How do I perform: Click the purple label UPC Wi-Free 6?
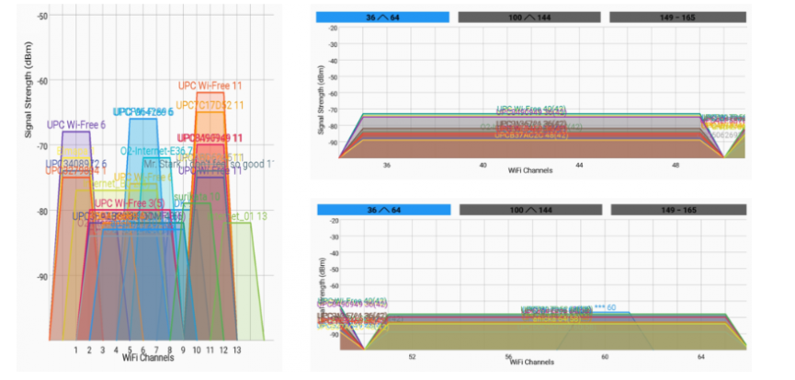click(x=76, y=124)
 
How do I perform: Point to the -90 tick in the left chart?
click(x=44, y=276)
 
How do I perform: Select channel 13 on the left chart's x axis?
click(x=237, y=351)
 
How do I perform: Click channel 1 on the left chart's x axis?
click(x=75, y=351)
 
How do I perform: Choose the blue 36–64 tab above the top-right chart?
click(x=382, y=17)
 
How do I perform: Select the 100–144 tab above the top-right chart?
click(x=529, y=17)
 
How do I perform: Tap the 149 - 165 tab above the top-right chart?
click(x=678, y=17)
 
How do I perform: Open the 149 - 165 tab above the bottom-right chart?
click(x=678, y=211)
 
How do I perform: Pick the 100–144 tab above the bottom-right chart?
click(x=529, y=211)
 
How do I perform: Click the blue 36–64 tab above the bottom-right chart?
click(x=382, y=211)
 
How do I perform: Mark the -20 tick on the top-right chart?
click(x=334, y=29)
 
